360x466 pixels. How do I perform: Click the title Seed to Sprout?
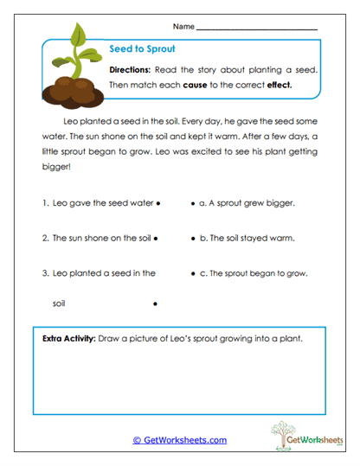(135, 50)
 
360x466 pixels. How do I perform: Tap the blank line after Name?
(257, 29)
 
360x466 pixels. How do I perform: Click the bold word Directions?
(132, 69)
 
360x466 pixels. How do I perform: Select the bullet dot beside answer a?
(192, 204)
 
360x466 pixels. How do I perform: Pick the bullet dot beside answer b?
(192, 238)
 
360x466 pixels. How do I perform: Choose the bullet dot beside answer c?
(192, 272)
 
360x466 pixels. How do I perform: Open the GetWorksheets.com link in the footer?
(179, 440)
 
